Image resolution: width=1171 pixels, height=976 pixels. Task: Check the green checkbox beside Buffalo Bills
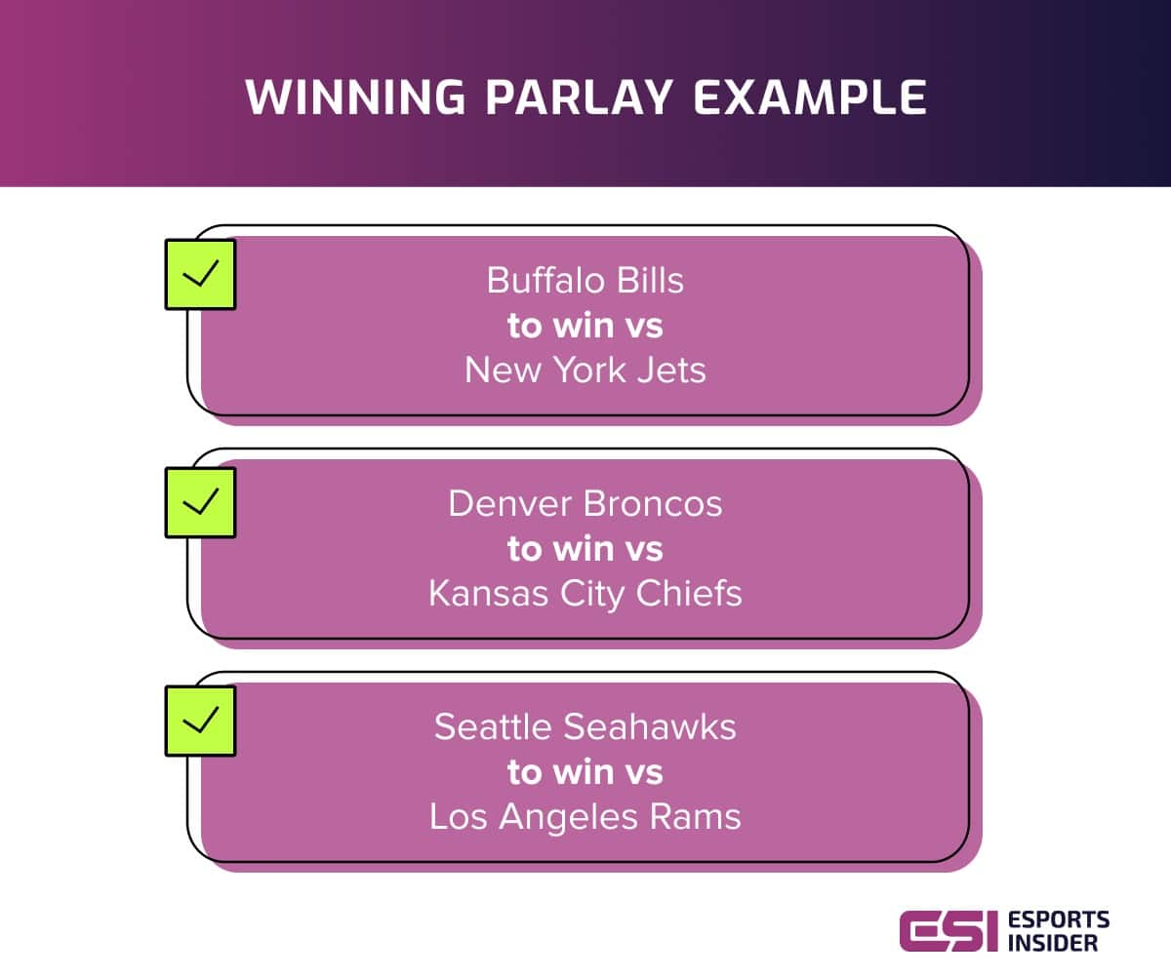200,274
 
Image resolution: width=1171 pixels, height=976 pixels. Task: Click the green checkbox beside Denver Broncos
200,501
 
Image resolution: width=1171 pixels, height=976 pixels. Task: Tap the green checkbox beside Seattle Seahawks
200,721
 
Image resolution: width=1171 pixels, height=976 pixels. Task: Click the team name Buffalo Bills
585,281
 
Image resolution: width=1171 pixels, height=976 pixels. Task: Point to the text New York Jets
585,371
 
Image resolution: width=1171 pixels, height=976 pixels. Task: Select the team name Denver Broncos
585,504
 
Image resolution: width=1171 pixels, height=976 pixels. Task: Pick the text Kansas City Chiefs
585,594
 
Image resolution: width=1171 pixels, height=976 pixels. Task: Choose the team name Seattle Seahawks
585,727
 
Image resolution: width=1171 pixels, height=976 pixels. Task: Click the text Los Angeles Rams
585,817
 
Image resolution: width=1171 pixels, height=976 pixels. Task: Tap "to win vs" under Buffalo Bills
585,326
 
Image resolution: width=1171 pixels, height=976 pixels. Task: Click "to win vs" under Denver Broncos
585,549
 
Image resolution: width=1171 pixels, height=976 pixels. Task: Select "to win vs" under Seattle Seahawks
585,772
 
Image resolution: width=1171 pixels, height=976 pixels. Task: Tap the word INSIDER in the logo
1054,943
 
